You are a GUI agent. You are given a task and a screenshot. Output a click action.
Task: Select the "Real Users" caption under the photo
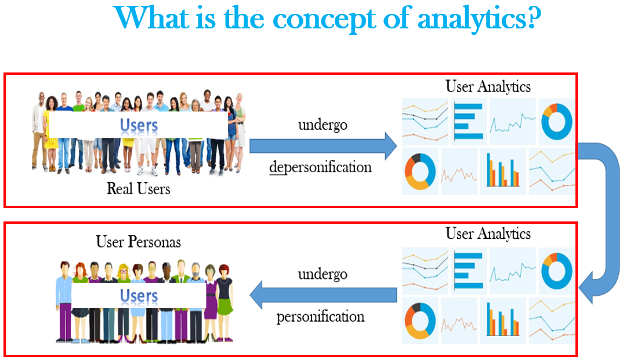tap(138, 188)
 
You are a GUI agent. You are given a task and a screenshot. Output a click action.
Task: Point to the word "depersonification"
tap(320, 167)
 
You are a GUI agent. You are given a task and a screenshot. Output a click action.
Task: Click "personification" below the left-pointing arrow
tap(320, 317)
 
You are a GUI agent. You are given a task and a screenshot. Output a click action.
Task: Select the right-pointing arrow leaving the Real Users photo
tap(323, 146)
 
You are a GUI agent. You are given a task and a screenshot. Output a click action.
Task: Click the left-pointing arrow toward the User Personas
tap(323, 294)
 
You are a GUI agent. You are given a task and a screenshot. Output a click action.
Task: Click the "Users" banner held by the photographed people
tap(138, 125)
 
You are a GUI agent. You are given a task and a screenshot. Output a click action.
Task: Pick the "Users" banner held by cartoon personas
tap(138, 296)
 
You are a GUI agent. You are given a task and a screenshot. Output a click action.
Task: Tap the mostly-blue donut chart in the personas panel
tap(556, 269)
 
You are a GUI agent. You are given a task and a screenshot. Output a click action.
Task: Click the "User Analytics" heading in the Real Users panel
tap(488, 86)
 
